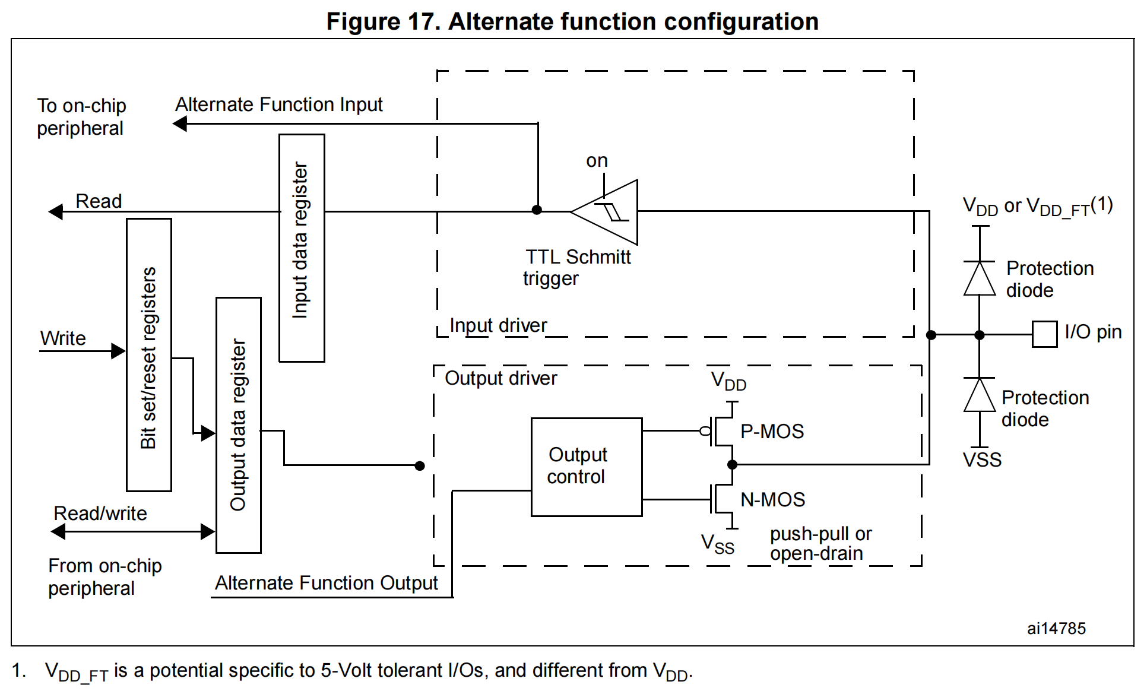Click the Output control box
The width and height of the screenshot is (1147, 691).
pos(586,467)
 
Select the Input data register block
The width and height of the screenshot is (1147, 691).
pos(302,248)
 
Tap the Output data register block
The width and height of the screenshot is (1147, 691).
pos(238,425)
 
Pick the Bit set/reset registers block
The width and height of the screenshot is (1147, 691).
pos(148,355)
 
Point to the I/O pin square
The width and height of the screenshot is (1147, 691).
pos(1044,334)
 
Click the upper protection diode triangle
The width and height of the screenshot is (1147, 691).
pos(980,278)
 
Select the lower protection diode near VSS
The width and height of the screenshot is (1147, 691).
pos(980,395)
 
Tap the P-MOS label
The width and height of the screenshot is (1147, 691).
pos(772,432)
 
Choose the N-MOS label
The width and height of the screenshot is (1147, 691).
pos(772,500)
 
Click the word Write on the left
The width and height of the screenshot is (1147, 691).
pos(63,338)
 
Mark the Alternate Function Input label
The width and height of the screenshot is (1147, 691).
pos(278,104)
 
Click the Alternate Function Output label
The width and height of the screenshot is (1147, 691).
pos(326,583)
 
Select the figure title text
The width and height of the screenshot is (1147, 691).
pos(572,21)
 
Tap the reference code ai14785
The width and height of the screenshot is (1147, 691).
pos(1056,629)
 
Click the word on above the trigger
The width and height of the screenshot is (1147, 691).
pos(597,160)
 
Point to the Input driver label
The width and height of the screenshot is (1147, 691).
pos(498,325)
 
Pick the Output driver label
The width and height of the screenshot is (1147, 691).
pos(500,378)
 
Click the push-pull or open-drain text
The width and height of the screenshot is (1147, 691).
pos(820,544)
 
